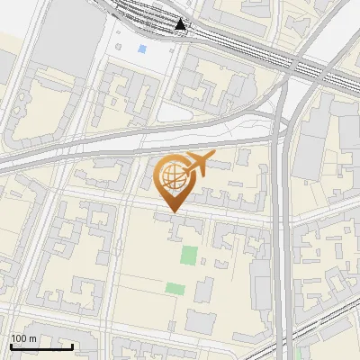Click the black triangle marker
click(182, 24)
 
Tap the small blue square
click(142, 49)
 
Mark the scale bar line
click(41, 346)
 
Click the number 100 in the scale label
click(19, 338)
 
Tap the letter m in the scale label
click(31, 338)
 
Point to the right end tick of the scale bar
click(72, 345)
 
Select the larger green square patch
click(189, 255)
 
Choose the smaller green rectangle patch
click(175, 289)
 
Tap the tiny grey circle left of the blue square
click(118, 45)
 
